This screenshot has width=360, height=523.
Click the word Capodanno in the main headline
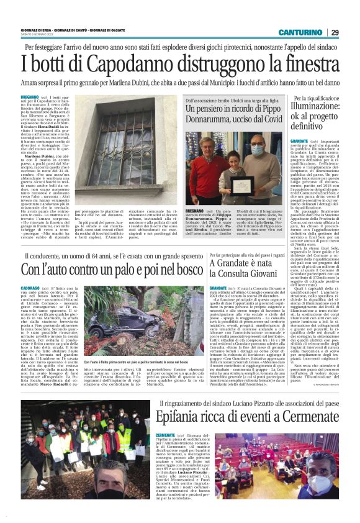point(109,63)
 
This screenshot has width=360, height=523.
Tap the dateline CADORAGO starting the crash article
point(32,289)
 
